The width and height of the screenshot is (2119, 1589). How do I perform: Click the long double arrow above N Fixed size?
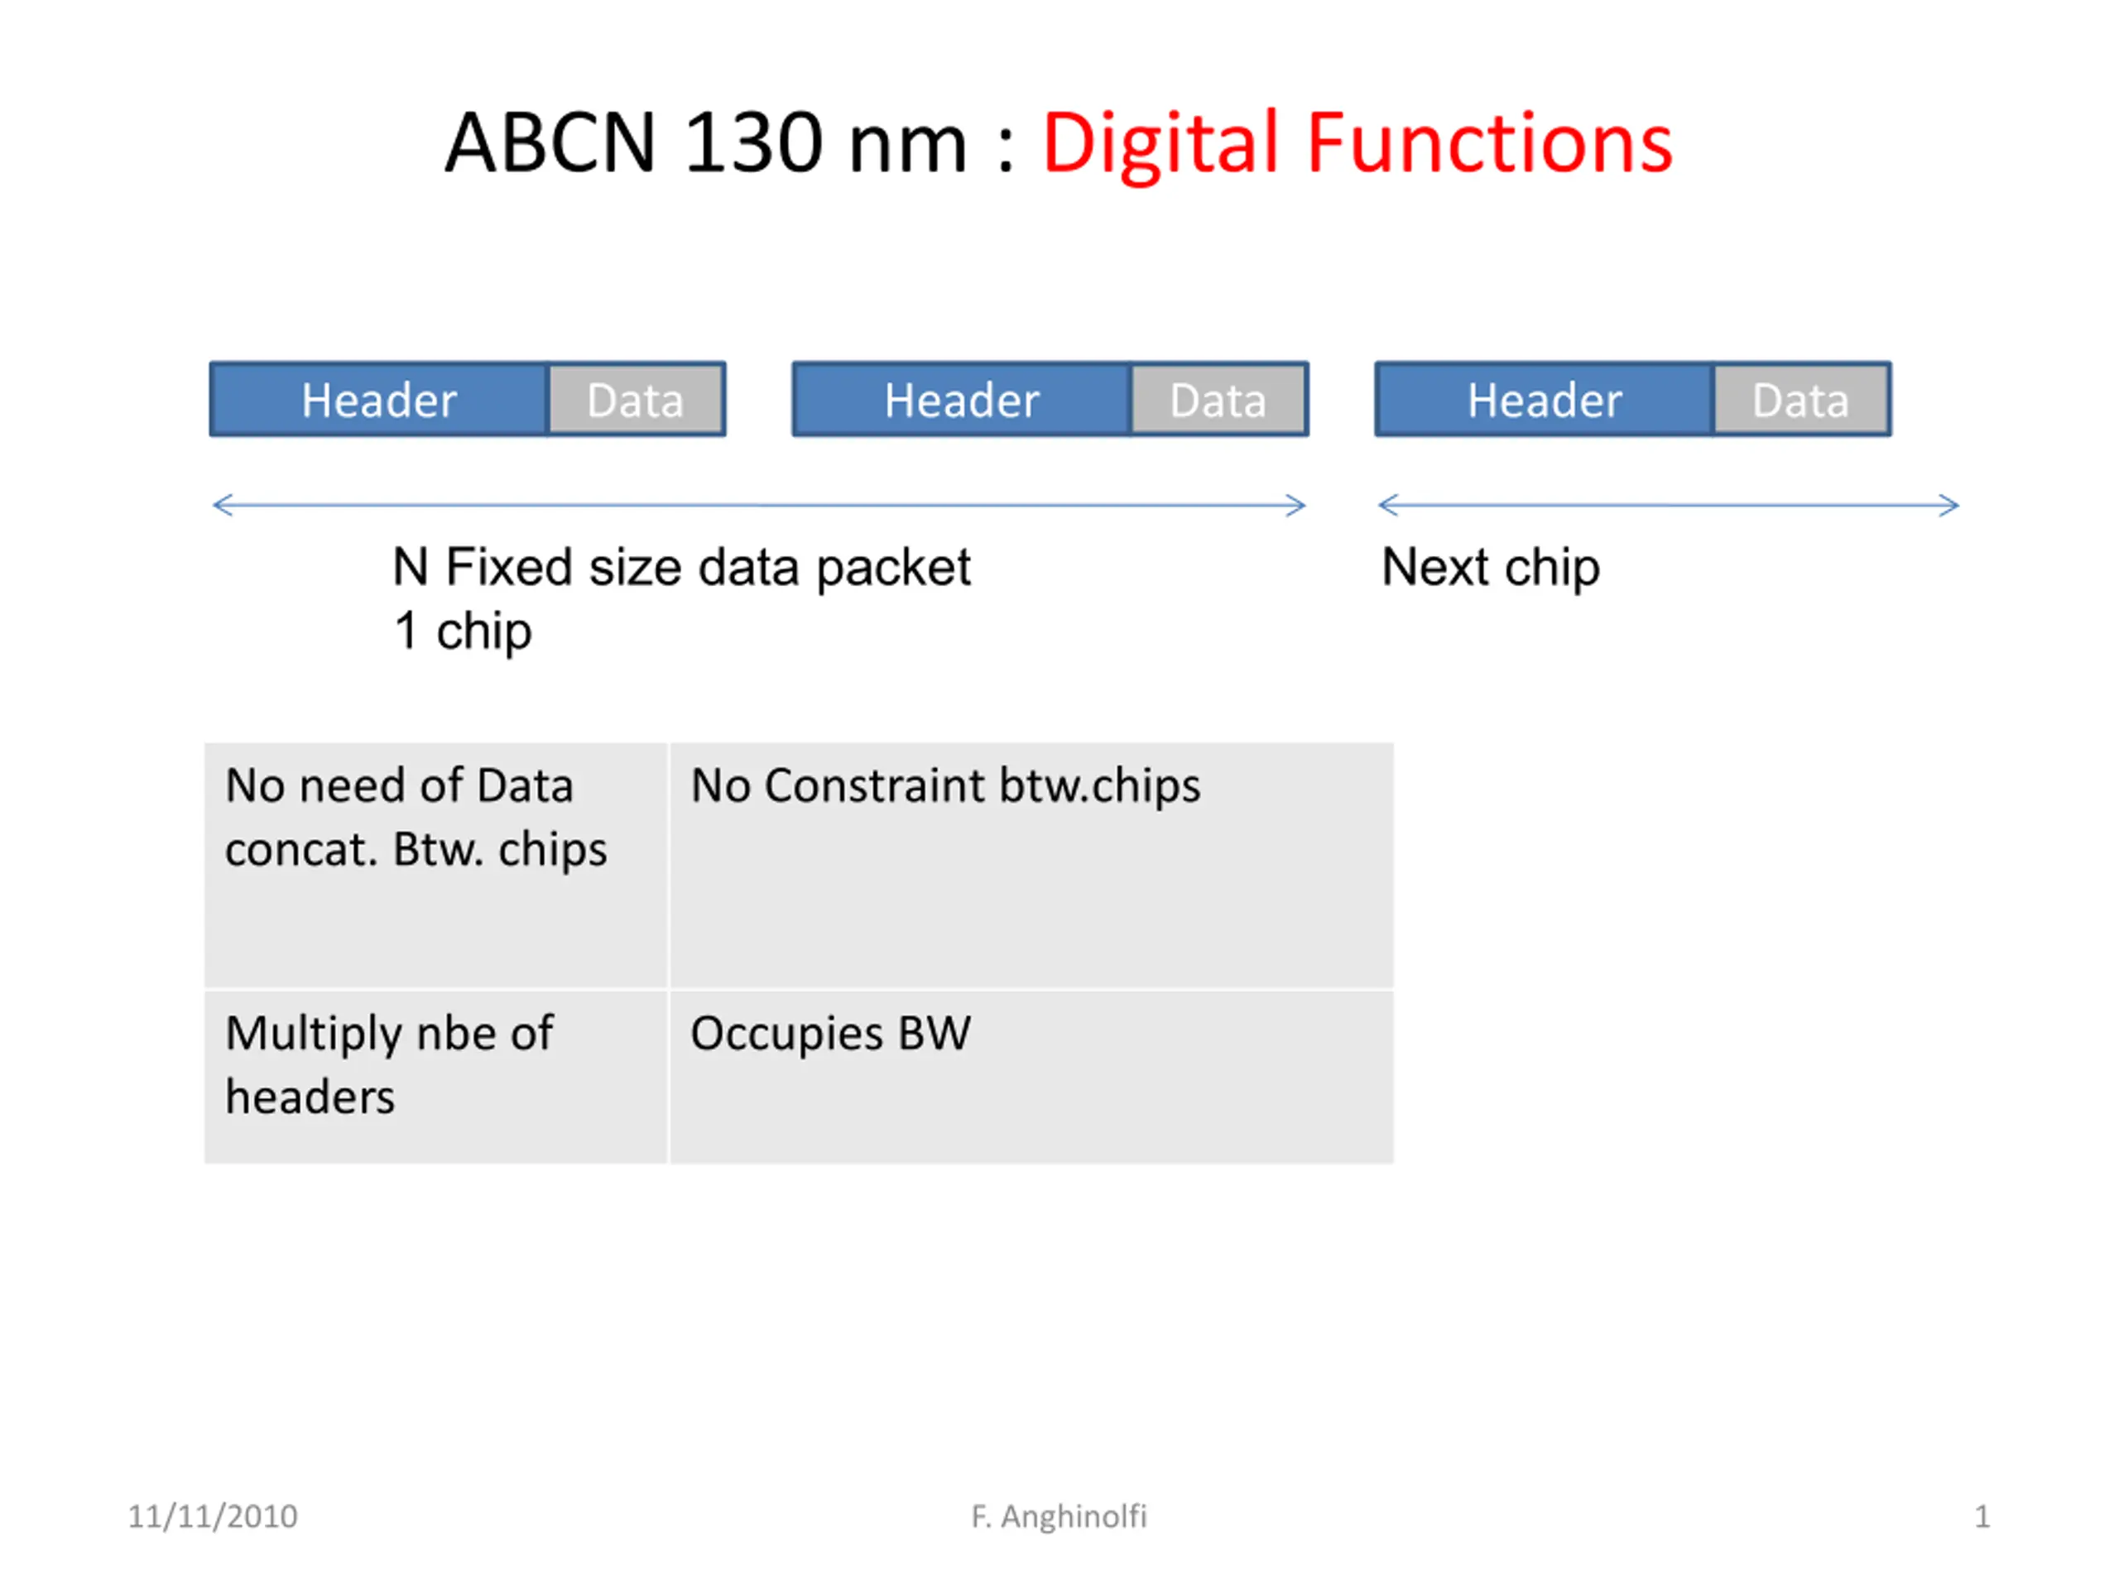[x=760, y=505]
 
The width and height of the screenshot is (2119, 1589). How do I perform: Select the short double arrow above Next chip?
[x=1669, y=505]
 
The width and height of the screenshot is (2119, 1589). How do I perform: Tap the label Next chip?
[x=1491, y=568]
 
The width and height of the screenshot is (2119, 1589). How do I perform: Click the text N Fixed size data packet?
[x=682, y=568]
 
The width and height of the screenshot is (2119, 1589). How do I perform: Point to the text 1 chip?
[x=463, y=631]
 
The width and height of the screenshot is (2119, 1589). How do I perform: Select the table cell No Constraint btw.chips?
[x=1031, y=865]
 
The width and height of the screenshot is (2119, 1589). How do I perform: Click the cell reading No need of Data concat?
[x=436, y=865]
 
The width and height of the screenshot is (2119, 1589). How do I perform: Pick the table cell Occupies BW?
[x=1031, y=1077]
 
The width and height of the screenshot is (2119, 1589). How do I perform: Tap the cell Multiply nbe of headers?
[x=436, y=1077]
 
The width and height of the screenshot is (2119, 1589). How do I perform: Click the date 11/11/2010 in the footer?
[x=213, y=1516]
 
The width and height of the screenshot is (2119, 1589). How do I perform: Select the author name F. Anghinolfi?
[x=1059, y=1516]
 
